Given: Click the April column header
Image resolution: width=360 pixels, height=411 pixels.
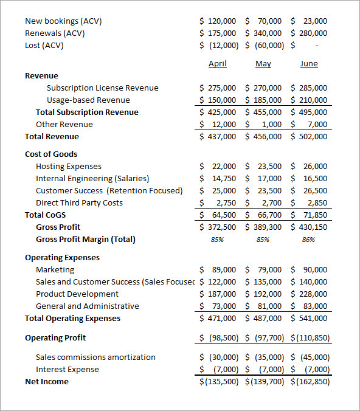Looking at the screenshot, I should click(x=217, y=64).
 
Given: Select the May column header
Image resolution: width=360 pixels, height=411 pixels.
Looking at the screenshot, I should click(x=263, y=64).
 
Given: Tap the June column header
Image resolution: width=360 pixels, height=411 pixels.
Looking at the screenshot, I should click(x=309, y=64).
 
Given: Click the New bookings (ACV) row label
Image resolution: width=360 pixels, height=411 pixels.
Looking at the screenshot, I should click(x=63, y=21).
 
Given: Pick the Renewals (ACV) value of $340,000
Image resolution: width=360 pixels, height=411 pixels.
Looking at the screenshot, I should click(x=264, y=33).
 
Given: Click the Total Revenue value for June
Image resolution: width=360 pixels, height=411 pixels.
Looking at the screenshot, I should click(x=310, y=136).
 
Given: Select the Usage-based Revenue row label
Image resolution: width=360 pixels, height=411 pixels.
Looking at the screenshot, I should click(x=88, y=100).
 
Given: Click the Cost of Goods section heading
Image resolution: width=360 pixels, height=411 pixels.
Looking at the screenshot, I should click(x=51, y=154).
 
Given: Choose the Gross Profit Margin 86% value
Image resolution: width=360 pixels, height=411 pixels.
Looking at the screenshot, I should click(x=309, y=240).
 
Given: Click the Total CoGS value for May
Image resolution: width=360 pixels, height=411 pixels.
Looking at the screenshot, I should click(x=264, y=215).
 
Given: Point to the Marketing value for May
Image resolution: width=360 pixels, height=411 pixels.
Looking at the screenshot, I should click(x=264, y=269).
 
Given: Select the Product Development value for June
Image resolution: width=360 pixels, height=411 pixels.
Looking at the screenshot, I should click(x=310, y=294).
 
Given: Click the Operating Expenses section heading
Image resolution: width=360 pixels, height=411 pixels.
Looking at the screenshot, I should click(x=62, y=257).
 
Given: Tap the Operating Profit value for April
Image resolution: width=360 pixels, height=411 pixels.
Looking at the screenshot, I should click(x=218, y=337).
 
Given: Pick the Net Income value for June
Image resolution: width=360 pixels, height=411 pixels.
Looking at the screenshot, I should click(x=310, y=381).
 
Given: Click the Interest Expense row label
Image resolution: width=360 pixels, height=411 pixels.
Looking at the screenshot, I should click(x=67, y=369).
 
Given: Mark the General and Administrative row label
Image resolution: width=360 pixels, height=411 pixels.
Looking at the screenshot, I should click(x=87, y=306).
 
